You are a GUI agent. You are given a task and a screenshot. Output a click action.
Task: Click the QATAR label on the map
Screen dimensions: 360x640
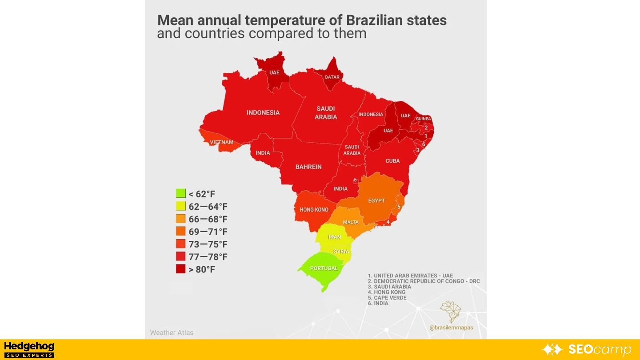point(332,77)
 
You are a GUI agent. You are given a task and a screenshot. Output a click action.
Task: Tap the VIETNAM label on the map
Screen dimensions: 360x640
point(221,142)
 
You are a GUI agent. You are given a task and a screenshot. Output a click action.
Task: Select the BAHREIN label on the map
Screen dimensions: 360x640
point(308,167)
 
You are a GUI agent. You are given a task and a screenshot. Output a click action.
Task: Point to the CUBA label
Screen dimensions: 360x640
point(392,161)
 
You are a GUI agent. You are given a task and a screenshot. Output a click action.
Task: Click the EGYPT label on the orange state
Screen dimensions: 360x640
point(376,200)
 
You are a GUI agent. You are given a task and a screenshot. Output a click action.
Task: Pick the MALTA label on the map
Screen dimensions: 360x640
point(351,222)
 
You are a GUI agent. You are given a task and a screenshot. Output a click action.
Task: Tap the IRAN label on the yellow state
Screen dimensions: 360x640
point(334,237)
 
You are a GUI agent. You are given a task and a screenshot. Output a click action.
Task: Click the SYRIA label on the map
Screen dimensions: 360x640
point(341,252)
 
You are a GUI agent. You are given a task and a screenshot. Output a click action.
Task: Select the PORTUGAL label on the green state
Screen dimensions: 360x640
point(324,268)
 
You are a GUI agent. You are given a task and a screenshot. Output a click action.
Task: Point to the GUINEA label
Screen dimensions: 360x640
point(424,119)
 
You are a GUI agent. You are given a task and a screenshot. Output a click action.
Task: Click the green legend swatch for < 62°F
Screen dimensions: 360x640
point(180,194)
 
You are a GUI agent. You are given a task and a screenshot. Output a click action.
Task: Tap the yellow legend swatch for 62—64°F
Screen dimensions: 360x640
point(180,206)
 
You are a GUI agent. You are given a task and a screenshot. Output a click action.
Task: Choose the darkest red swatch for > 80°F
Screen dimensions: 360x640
point(180,269)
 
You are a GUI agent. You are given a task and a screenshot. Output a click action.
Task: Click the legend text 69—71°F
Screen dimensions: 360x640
point(208,232)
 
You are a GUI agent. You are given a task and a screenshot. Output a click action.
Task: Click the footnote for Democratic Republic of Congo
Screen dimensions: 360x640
point(424,281)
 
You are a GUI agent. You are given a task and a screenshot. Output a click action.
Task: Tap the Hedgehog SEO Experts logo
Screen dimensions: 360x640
point(29,349)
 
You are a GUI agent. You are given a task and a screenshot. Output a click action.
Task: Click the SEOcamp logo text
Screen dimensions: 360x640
point(600,349)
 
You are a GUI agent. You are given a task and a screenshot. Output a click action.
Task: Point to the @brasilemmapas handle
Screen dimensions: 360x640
point(451,328)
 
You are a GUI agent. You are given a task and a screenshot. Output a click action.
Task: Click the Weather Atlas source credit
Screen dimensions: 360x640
point(172,332)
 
